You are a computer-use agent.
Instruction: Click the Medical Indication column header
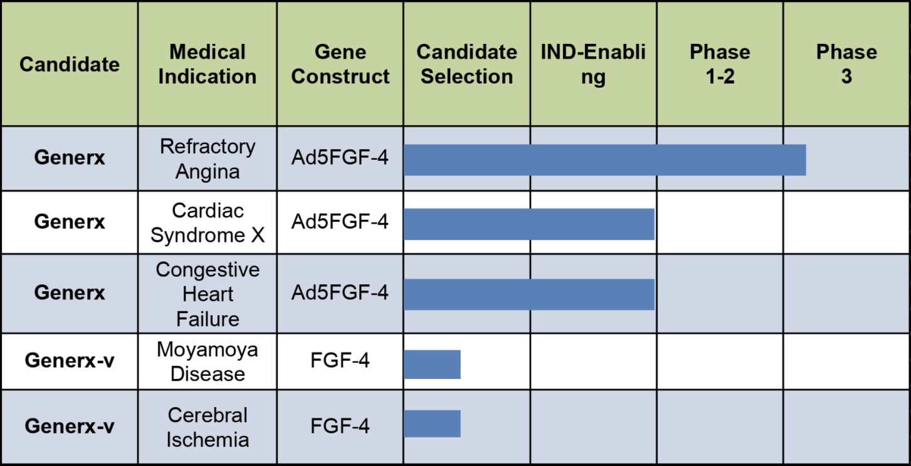coord(208,64)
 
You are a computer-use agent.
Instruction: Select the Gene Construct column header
coord(340,64)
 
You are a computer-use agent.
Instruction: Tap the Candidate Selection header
coord(467,64)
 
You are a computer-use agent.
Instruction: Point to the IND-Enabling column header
coord(593,64)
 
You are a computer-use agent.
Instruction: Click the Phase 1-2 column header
coord(720,64)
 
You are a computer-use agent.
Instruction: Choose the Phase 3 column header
coord(846,64)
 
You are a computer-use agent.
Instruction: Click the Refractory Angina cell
coord(208,158)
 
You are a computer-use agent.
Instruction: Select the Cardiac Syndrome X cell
coord(208,222)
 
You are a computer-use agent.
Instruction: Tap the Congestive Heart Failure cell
coord(208,294)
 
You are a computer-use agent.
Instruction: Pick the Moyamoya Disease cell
coord(208,361)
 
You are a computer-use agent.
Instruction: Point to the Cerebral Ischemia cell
coord(208,427)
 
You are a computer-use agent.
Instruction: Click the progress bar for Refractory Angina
coord(605,160)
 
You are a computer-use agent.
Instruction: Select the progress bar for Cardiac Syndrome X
coord(529,224)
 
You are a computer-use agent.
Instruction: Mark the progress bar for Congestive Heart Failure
coord(529,294)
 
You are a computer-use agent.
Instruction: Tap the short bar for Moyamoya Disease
coord(433,365)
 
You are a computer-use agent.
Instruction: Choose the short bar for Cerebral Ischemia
coord(433,424)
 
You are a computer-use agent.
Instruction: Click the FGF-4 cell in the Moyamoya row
coord(340,360)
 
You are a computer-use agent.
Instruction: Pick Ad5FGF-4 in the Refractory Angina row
coord(340,157)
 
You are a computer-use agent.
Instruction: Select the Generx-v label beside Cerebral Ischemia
coord(70,426)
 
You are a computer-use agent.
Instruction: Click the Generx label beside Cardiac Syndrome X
coord(70,222)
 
